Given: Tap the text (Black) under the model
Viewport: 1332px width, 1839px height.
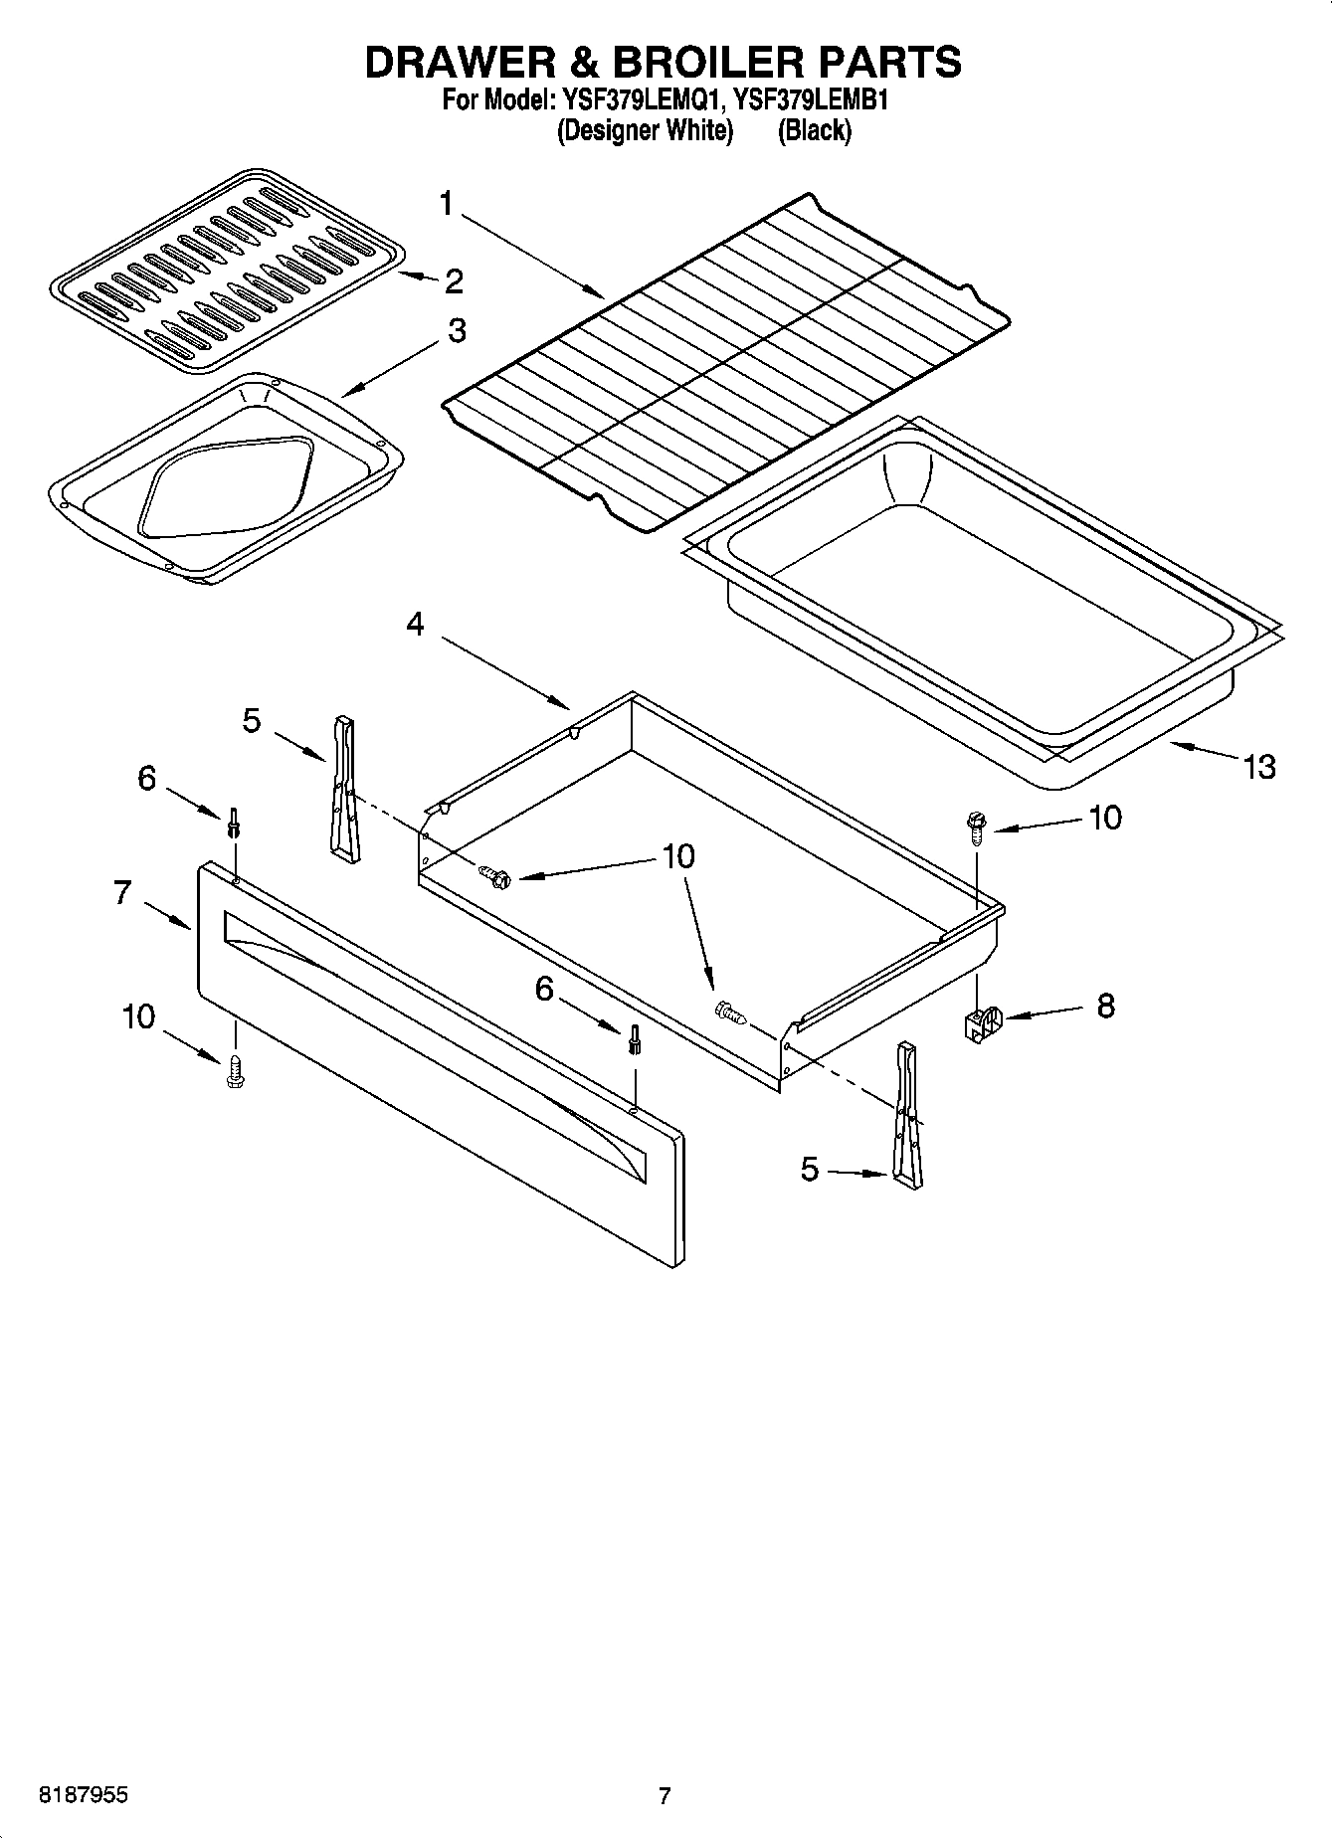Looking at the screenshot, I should (814, 130).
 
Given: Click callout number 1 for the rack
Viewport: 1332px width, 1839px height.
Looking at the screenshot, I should (446, 204).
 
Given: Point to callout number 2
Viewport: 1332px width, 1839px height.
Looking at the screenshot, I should (454, 281).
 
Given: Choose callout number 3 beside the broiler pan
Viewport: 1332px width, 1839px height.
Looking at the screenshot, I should (456, 330).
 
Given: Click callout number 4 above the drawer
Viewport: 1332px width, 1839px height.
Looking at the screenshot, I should (416, 624).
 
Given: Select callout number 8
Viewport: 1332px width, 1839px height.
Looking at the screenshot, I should (1105, 1006).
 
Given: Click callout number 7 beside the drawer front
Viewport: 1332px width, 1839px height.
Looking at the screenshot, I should (122, 892).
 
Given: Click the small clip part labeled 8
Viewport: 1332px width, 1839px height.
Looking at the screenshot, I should (981, 1023).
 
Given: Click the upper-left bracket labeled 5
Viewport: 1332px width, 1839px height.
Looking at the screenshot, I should (343, 786).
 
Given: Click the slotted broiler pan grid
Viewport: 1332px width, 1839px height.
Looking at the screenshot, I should (227, 272).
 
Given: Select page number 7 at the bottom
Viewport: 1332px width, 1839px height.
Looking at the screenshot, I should (665, 1795).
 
